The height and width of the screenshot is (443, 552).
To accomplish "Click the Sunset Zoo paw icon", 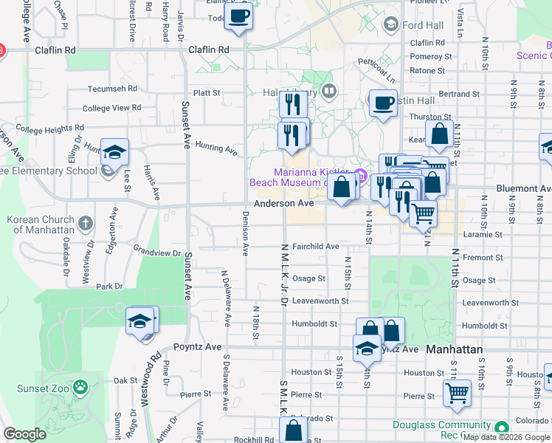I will [x=80, y=386].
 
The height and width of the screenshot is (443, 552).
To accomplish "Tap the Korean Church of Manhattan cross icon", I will [x=86, y=223].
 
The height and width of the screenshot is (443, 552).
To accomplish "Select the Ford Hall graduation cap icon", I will [x=390, y=25].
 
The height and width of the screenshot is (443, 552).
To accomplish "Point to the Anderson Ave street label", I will [x=284, y=203].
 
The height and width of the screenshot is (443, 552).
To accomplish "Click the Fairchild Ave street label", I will [x=315, y=246].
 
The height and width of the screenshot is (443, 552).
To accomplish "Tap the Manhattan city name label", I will [x=455, y=349].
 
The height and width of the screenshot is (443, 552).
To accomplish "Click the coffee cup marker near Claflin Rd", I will [x=238, y=16].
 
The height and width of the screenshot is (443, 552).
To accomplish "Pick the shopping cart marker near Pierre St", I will [x=458, y=393].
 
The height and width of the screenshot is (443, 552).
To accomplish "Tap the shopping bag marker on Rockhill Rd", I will [x=294, y=430].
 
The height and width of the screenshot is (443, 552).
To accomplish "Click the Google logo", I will [x=24, y=433].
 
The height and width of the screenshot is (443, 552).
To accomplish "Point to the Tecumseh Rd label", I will [x=113, y=88].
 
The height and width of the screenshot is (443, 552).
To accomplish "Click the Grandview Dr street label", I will [x=156, y=253].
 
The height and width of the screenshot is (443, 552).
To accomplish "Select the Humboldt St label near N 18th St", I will [x=314, y=323].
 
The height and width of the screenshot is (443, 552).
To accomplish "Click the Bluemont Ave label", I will [x=523, y=188].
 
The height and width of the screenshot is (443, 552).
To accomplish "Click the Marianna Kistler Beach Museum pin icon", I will [x=361, y=176].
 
